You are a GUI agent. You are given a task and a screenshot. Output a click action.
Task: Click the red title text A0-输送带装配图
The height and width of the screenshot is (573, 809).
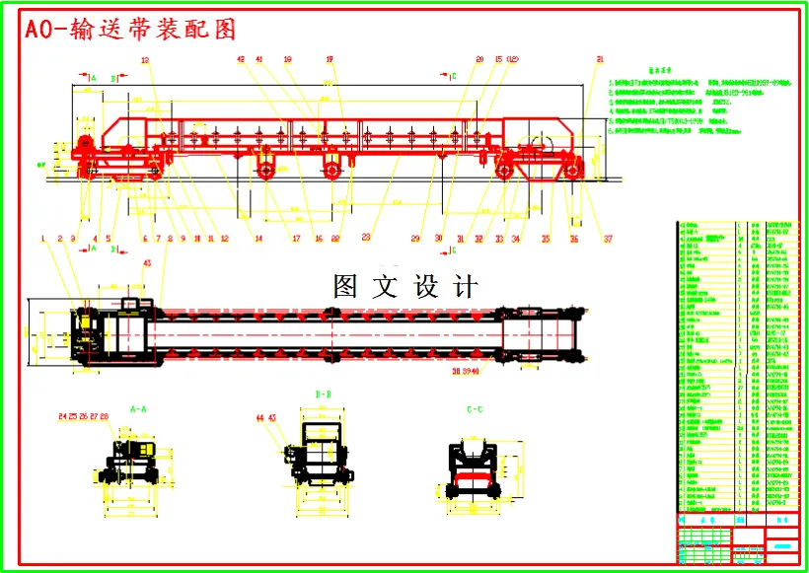(x=131, y=30)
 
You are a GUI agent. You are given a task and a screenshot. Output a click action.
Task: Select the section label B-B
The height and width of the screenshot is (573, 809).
(x=322, y=396)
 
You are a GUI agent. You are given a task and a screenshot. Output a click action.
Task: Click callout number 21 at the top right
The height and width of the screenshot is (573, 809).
(x=599, y=60)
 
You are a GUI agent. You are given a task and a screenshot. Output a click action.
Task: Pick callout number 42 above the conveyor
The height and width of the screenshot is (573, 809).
(x=242, y=60)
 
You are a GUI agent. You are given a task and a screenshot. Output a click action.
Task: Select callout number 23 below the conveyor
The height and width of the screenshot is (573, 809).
(x=366, y=238)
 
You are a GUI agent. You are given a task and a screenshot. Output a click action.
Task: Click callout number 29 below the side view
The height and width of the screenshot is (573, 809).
(x=415, y=238)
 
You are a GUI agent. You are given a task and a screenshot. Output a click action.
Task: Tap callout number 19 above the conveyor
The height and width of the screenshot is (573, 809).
(x=330, y=60)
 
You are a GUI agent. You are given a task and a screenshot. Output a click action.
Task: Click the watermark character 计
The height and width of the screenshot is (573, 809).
(x=466, y=286)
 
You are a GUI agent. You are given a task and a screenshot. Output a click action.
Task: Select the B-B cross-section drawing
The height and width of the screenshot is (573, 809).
(x=322, y=456)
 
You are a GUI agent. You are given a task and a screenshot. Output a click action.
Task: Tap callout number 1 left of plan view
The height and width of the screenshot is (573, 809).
(x=43, y=238)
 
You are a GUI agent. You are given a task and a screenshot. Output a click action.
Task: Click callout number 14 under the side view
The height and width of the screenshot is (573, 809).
(x=258, y=238)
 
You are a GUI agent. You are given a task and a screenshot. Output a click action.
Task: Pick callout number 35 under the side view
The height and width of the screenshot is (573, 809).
(x=546, y=238)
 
